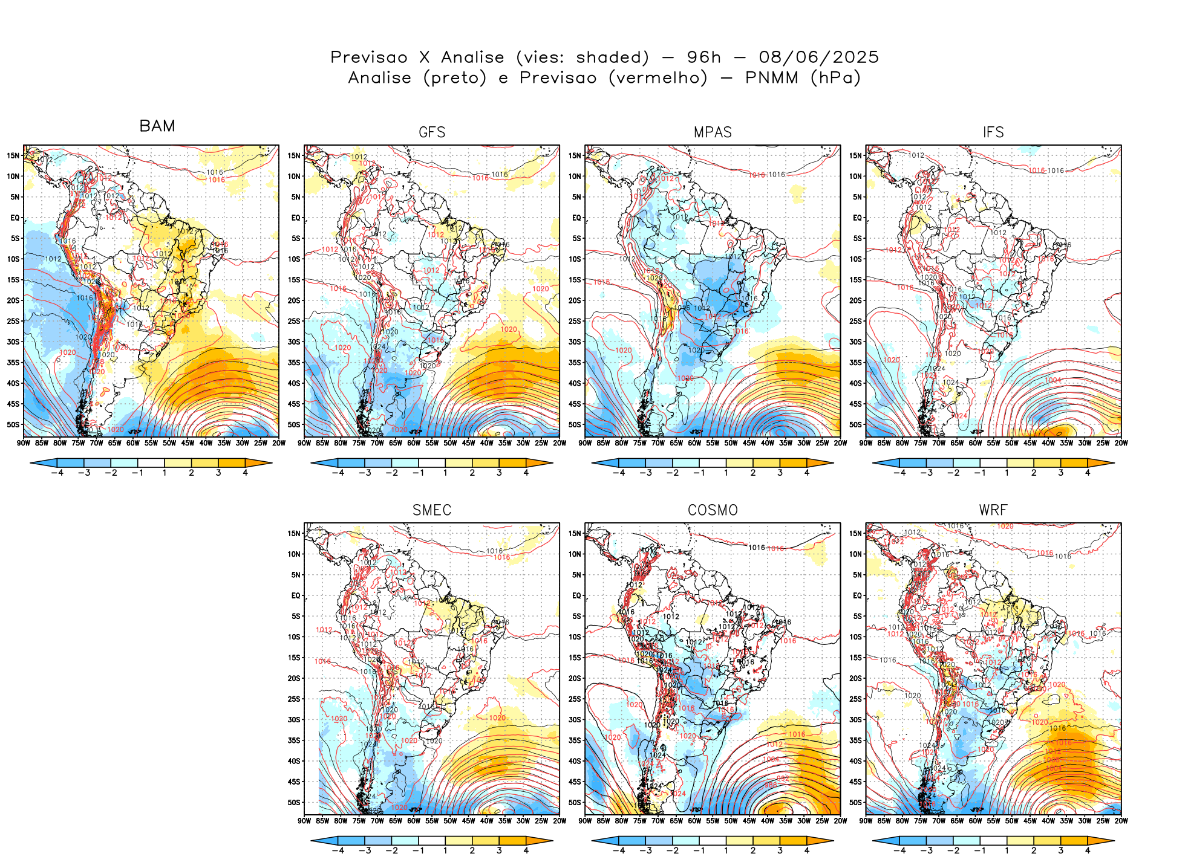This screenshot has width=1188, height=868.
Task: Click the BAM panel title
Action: click(x=157, y=126)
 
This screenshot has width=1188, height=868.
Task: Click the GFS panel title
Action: click(x=432, y=132)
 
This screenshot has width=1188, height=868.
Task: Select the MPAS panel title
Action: click(x=713, y=132)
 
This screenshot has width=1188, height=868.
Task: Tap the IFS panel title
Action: click(x=993, y=132)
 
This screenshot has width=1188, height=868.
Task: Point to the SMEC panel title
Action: click(x=432, y=510)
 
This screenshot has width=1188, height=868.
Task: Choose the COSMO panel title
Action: click(x=713, y=510)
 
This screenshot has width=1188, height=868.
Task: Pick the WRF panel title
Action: click(x=993, y=510)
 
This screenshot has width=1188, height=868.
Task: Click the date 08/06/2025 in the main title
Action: click(x=818, y=57)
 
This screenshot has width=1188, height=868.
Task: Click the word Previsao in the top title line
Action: click(x=369, y=57)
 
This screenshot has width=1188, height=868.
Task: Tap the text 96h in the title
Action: click(x=704, y=57)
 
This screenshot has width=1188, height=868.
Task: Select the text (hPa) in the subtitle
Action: click(x=835, y=78)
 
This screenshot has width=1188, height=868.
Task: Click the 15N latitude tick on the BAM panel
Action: click(x=13, y=155)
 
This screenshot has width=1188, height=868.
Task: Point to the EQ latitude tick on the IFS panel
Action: click(x=857, y=218)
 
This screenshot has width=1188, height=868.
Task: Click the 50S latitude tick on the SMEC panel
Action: click(x=294, y=803)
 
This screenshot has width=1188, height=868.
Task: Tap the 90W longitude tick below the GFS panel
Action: click(x=304, y=443)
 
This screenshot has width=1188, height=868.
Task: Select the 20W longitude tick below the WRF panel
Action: click(x=1121, y=821)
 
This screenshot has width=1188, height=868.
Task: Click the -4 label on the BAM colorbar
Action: click(x=57, y=473)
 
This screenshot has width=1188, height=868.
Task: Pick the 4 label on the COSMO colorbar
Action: click(x=807, y=850)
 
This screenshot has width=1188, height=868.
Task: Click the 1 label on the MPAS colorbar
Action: click(x=726, y=473)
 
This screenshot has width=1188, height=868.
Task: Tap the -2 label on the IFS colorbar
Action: click(x=953, y=473)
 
